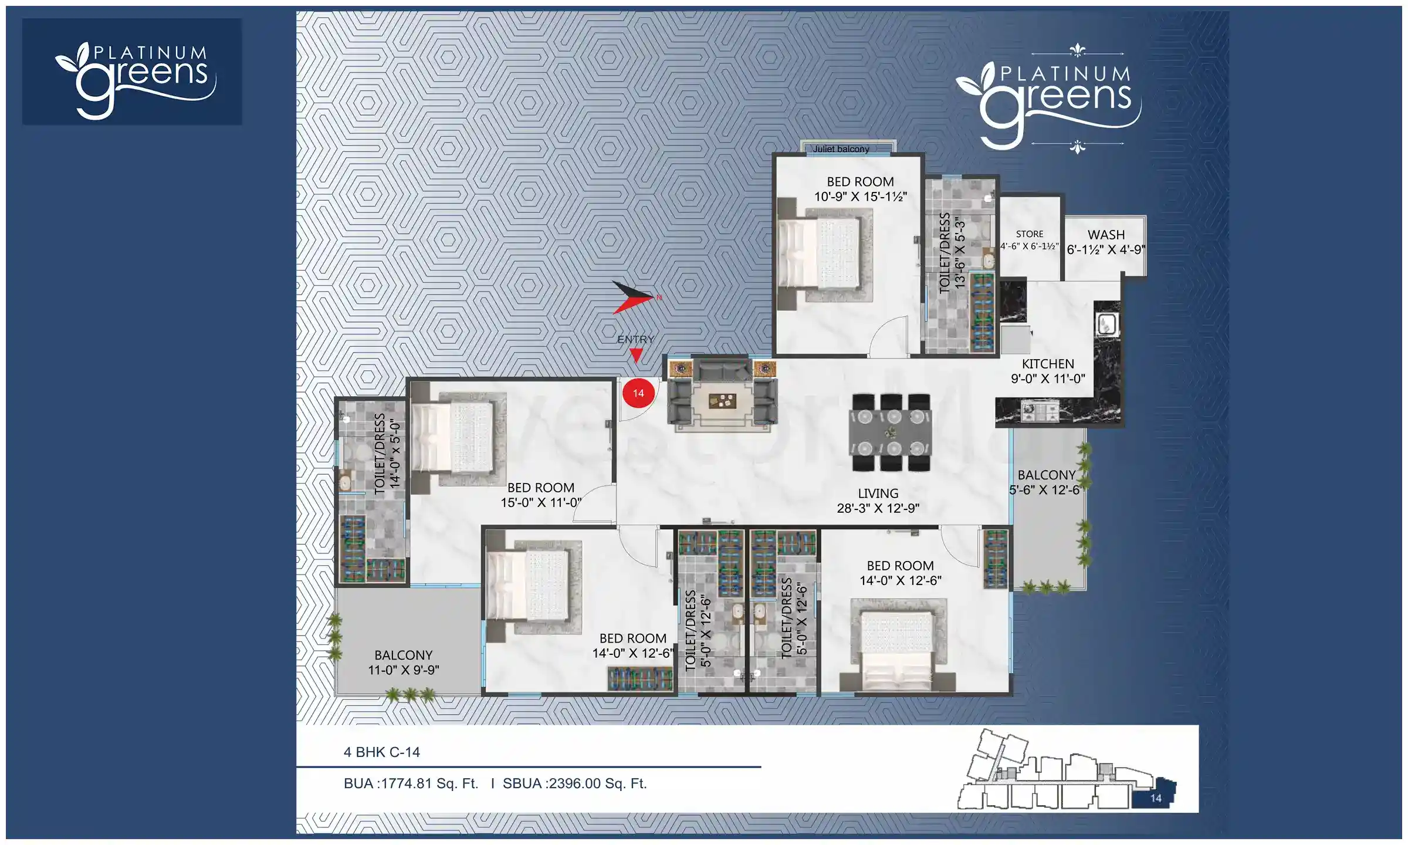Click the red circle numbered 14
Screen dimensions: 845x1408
coord(638,393)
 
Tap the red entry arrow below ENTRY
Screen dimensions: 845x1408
coord(636,354)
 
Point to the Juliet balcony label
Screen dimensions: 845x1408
coord(841,149)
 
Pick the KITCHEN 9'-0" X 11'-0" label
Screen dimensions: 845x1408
coord(1048,371)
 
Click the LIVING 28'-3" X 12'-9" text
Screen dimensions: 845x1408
coord(878,501)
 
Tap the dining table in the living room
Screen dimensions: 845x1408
coord(891,432)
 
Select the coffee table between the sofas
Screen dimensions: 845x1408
coord(722,401)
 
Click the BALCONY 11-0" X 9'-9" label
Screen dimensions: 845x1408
coord(404,663)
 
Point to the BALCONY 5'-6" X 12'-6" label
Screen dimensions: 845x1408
coord(1045,482)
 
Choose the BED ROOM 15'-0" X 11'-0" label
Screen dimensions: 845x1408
coord(540,495)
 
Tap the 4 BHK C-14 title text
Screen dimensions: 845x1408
coord(381,752)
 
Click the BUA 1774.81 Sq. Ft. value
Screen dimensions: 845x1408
coord(411,783)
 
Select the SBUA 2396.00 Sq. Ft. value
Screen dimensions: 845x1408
coord(575,783)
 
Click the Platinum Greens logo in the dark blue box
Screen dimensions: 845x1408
coord(133,72)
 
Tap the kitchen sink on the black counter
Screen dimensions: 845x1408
coord(1107,324)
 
